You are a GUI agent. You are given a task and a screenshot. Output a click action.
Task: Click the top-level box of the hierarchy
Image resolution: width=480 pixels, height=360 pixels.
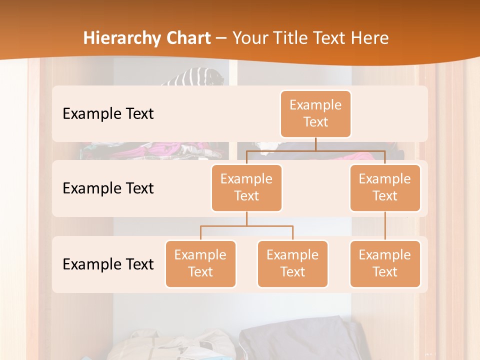pos(315,113)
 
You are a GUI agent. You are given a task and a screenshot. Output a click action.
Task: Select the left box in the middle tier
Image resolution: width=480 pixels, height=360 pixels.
pos(246,187)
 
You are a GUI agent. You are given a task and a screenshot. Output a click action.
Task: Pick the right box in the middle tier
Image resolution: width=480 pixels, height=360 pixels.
pos(385,187)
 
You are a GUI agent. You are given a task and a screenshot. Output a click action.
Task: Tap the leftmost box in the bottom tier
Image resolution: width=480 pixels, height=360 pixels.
pos(200,263)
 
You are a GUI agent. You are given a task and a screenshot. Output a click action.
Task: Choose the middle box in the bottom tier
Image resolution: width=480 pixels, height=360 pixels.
pos(292,263)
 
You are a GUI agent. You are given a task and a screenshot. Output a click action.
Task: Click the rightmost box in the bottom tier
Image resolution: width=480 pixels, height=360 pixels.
pos(385,263)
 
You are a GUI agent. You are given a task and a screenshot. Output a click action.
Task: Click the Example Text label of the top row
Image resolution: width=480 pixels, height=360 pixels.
pos(108,113)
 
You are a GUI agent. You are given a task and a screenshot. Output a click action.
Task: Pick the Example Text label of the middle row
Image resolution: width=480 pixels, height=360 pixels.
pos(108,188)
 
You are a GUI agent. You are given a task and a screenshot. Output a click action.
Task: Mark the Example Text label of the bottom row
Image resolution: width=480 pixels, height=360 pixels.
pos(108,264)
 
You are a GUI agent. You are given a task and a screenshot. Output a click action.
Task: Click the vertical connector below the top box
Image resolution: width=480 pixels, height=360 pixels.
pos(315,144)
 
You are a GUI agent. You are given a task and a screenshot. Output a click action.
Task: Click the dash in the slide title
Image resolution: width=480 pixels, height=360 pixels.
pos(221,38)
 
